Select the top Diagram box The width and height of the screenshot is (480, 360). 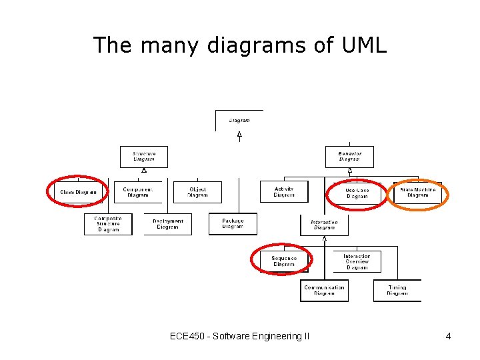(239, 121)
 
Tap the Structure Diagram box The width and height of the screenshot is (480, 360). (144, 157)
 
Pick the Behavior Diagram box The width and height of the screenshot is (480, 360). (349, 157)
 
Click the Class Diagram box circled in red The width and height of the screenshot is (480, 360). (78, 192)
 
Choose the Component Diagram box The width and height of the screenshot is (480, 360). (138, 192)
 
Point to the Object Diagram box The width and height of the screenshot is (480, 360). (197, 192)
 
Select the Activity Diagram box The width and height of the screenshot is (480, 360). (284, 192)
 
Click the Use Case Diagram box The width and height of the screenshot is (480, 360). (357, 193)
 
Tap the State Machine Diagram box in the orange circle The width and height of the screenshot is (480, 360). (418, 192)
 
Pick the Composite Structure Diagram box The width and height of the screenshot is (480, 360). (108, 224)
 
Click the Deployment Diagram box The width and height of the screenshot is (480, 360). (167, 224)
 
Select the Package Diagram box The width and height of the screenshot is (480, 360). (233, 224)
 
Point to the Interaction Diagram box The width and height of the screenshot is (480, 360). (324, 225)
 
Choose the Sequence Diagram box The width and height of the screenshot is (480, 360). (284, 261)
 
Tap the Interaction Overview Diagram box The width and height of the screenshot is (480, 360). (357, 261)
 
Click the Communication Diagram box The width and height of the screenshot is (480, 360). (324, 291)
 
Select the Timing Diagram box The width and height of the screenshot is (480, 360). (397, 291)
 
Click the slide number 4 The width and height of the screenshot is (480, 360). (449, 337)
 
